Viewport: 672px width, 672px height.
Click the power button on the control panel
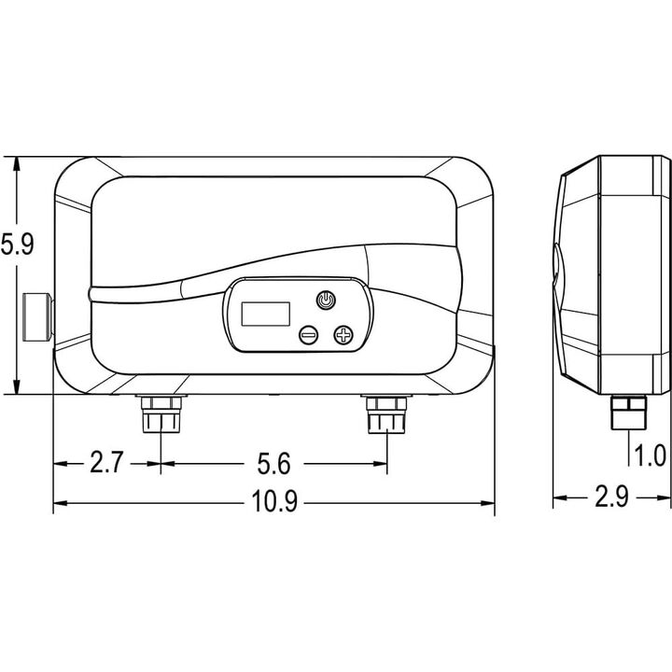point(326,300)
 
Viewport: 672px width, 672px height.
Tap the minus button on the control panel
point(309,334)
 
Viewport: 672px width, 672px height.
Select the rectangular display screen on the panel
point(266,314)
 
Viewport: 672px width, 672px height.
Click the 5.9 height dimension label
point(16,245)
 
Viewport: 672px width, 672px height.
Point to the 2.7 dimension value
point(106,462)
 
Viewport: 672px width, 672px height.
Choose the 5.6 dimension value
point(273,463)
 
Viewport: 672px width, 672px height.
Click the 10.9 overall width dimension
point(274,501)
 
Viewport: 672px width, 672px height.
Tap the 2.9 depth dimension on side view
point(611,497)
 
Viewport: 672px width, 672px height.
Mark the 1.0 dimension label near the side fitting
point(651,455)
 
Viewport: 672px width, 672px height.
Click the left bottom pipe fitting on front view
point(161,414)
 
